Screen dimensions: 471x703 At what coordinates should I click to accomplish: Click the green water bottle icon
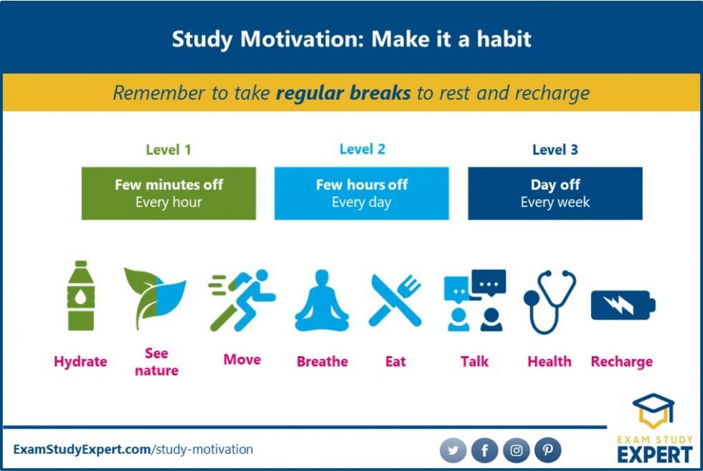pos(80,296)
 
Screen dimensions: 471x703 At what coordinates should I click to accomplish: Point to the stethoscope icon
pos(549,300)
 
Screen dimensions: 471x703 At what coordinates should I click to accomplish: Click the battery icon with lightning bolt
pos(622,305)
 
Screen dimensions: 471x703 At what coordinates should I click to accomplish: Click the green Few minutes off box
pos(169,193)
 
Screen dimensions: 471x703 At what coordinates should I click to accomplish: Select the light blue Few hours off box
pos(362,193)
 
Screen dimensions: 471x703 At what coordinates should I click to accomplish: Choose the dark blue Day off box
pos(555,193)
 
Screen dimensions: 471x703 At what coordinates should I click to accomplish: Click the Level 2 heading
pos(362,149)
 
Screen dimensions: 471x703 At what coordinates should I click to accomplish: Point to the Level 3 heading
pos(555,150)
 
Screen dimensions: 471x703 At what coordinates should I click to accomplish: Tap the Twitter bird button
pos(453,450)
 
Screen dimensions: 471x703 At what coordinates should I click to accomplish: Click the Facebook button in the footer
pos(484,450)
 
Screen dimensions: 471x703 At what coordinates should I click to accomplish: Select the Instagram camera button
pos(516,450)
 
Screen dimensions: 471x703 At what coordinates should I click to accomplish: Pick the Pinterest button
pos(547,450)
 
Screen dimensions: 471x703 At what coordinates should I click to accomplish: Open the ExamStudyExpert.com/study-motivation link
pos(133,449)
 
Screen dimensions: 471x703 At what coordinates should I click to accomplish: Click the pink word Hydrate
pos(80,361)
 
